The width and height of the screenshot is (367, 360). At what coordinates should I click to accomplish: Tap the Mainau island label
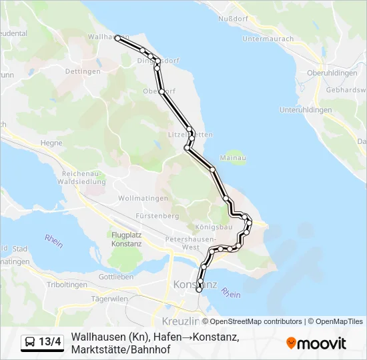click(234, 158)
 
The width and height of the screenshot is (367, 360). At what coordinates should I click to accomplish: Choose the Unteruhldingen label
click(306, 109)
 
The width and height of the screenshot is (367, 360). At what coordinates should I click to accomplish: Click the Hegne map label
click(51, 143)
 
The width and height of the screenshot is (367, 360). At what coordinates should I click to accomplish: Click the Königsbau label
click(214, 227)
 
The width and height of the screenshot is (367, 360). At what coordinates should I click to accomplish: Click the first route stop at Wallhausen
click(118, 39)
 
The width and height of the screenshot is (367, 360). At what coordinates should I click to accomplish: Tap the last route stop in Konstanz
click(199, 290)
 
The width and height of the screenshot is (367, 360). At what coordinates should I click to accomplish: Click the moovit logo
click(316, 343)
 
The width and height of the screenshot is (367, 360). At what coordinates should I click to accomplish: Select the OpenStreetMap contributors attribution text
click(256, 321)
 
